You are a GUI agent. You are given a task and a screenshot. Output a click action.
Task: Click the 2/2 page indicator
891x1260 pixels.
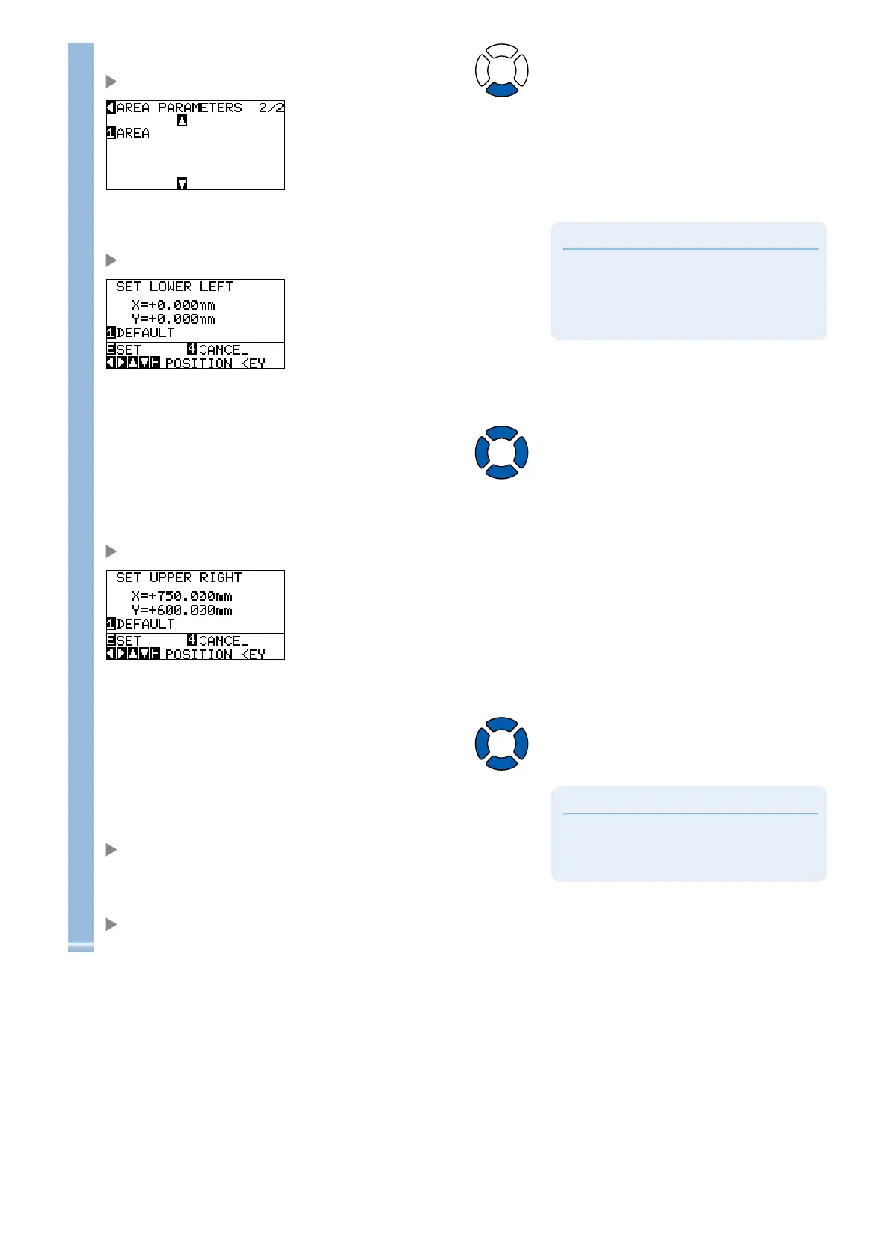point(271,108)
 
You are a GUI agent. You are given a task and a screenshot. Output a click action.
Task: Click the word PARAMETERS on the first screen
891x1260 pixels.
point(200,108)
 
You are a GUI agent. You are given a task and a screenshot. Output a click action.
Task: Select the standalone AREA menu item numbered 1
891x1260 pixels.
point(132,133)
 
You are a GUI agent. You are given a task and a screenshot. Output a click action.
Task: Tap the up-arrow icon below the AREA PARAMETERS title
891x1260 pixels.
point(182,120)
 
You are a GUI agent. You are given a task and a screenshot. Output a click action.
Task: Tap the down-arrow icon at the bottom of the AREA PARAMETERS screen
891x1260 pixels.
point(182,183)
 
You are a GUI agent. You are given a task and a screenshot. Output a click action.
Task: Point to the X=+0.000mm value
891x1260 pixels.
point(173,305)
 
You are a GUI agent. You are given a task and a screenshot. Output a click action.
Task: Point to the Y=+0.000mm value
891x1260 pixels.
point(173,319)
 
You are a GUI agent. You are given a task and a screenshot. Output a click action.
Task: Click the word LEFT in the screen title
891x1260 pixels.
point(216,287)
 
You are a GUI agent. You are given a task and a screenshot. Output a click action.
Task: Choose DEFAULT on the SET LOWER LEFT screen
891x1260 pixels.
point(144,333)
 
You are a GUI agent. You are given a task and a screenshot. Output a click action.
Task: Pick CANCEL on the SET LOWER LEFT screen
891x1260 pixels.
point(223,349)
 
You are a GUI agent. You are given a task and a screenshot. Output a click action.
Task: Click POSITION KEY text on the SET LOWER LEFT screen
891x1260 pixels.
point(215,364)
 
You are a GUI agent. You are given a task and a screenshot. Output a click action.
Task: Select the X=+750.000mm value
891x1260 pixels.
point(182,596)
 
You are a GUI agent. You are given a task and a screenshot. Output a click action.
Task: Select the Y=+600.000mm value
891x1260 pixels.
point(182,611)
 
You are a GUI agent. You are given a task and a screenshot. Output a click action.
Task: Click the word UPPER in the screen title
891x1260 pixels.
point(171,578)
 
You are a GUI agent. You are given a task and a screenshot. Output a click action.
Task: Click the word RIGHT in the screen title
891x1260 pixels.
point(221,578)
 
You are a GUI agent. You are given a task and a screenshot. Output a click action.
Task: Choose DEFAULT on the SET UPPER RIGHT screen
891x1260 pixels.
point(144,624)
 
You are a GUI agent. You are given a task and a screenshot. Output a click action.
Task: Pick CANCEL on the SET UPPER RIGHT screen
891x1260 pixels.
point(223,640)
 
